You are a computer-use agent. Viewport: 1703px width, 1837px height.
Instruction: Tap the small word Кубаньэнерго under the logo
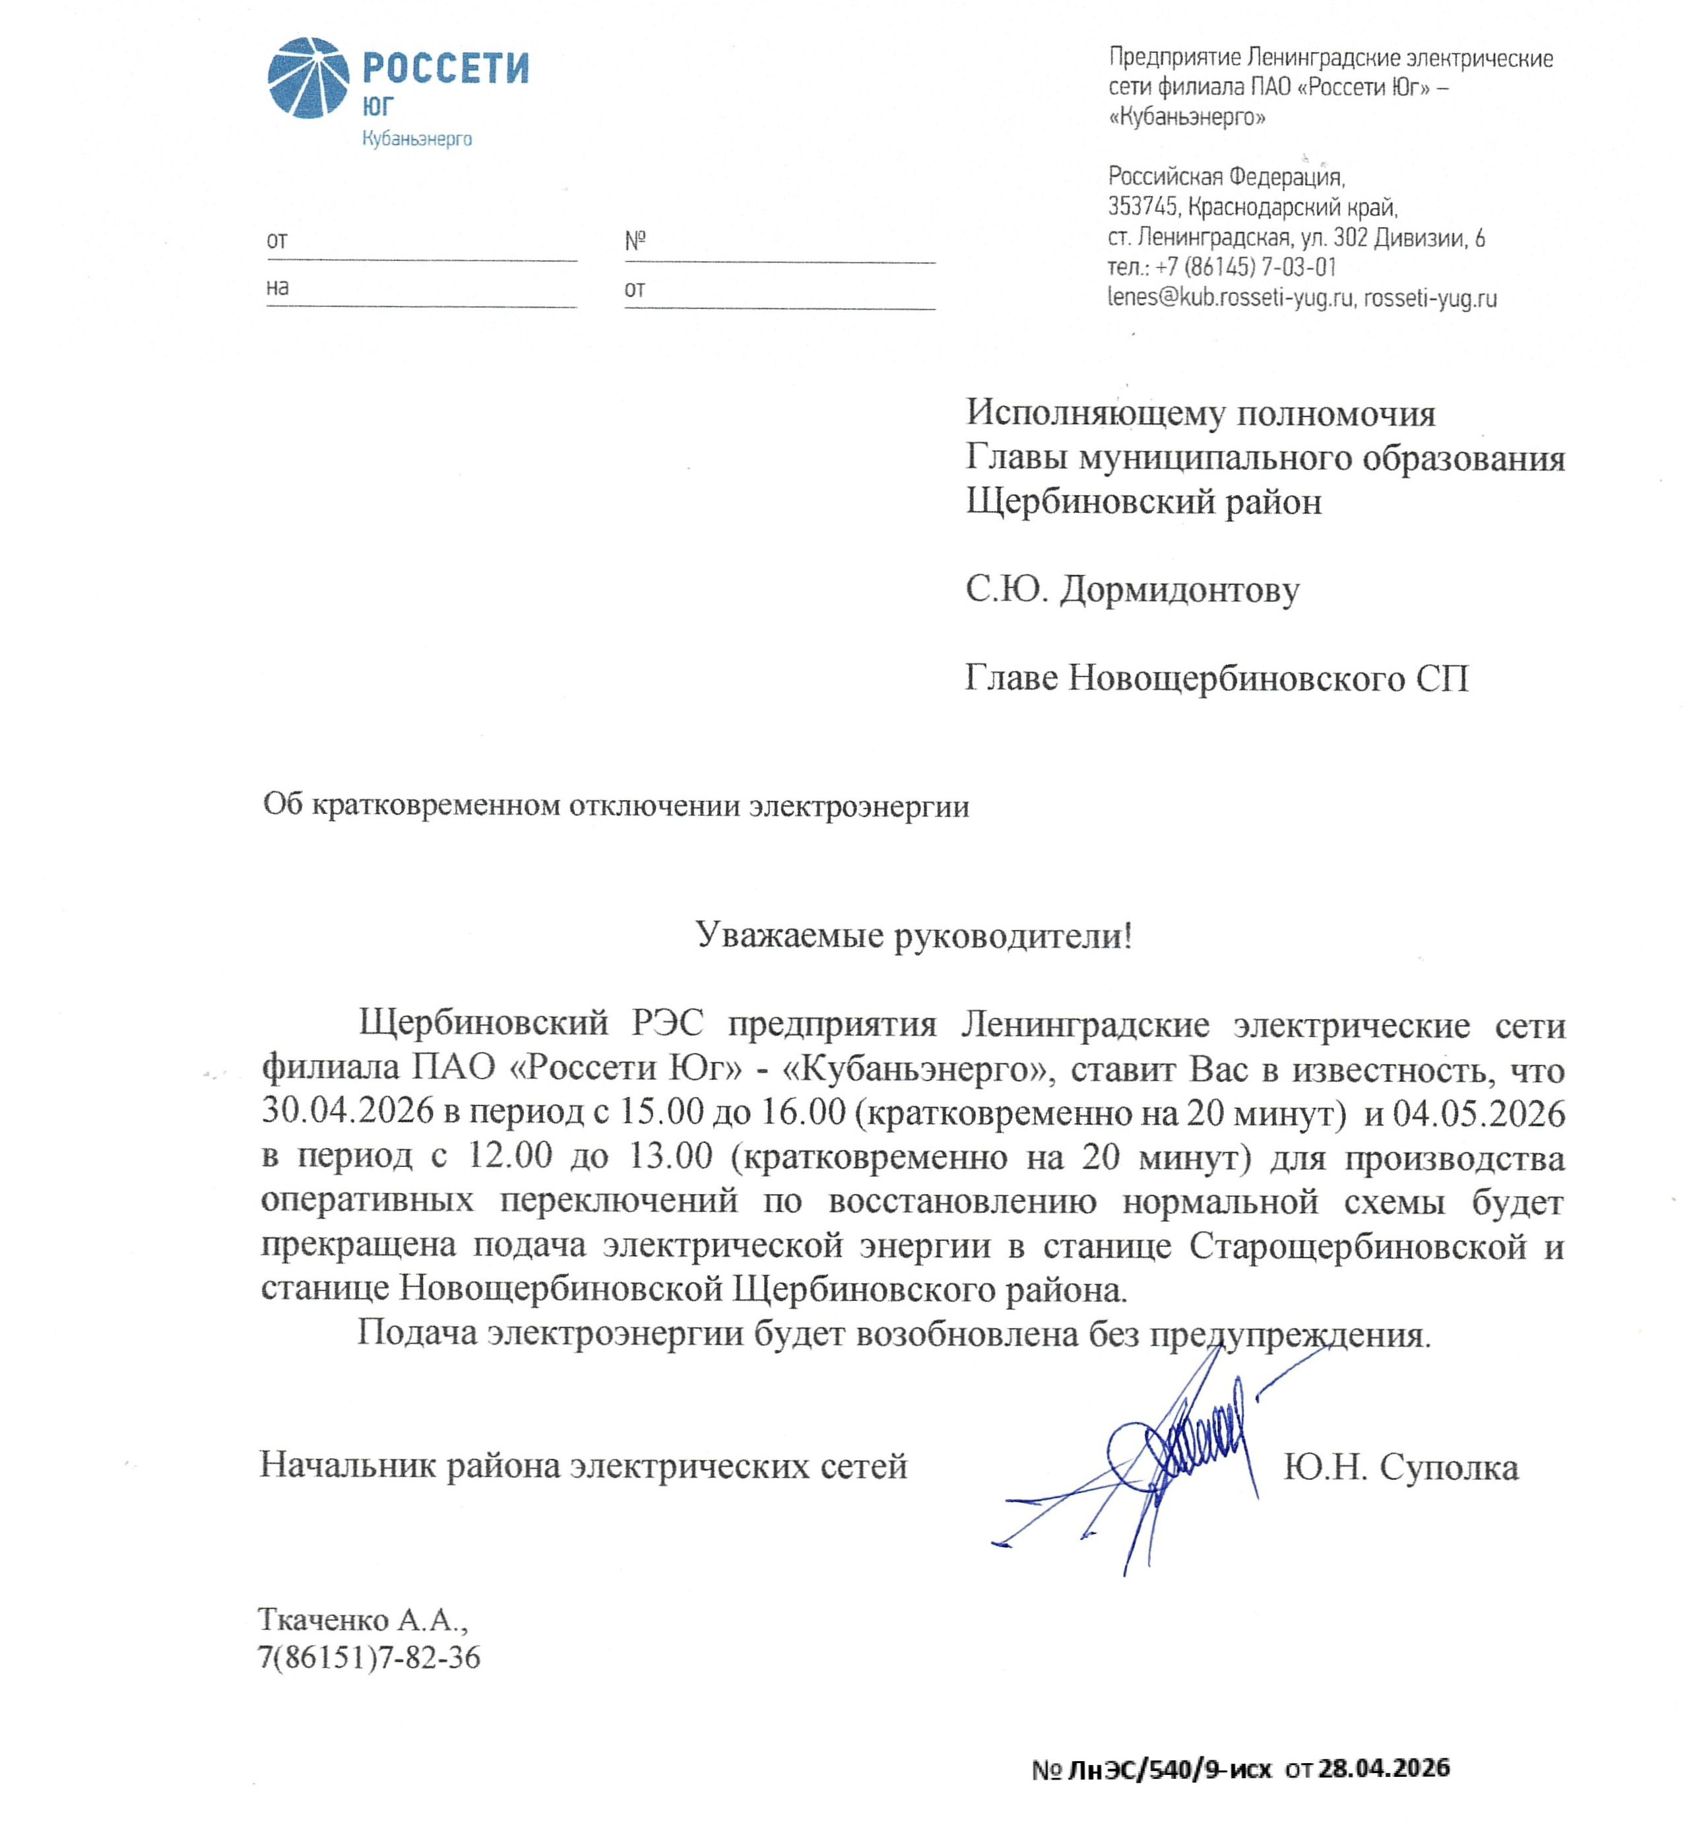pos(416,139)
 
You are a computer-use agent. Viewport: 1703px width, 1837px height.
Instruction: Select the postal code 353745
pos(1141,207)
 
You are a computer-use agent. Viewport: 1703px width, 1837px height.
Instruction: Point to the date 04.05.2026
pos(1478,1112)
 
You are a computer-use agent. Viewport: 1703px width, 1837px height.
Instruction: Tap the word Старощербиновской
pos(1357,1246)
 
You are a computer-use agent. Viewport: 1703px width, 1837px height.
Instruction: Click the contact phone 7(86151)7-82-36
pos(369,1657)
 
